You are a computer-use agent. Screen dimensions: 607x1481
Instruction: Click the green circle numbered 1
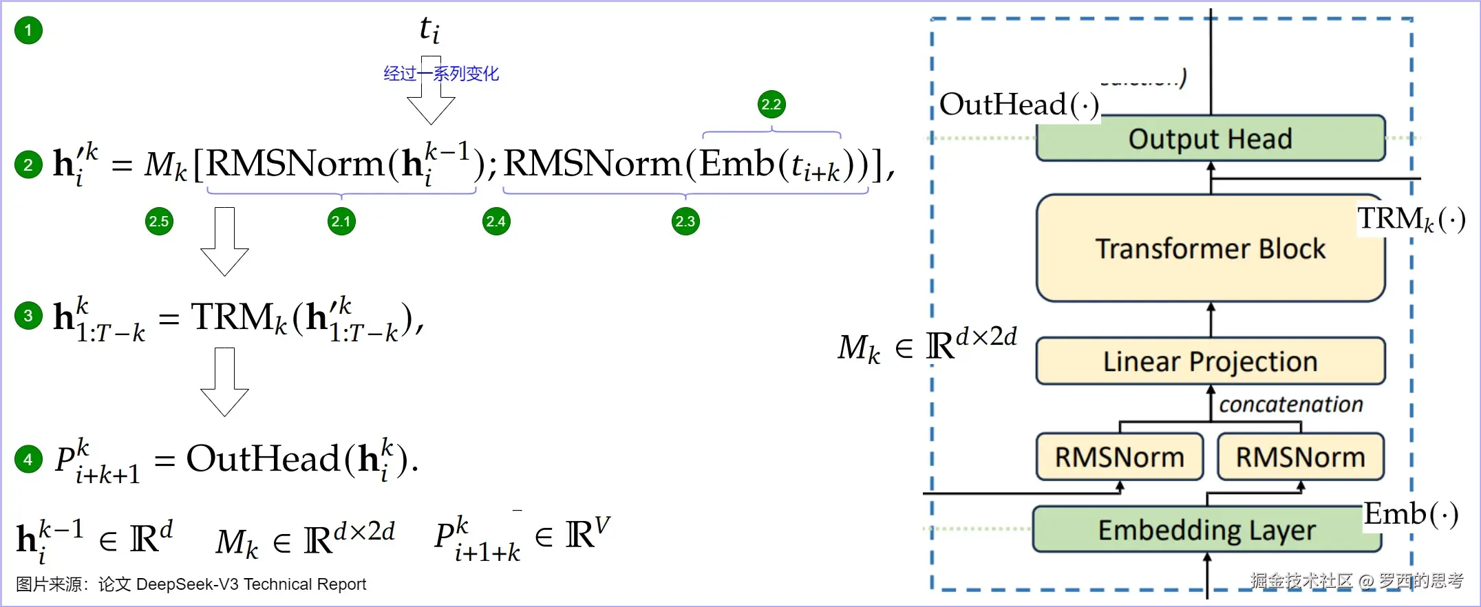[28, 30]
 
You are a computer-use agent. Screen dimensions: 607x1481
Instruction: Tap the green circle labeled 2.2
[771, 105]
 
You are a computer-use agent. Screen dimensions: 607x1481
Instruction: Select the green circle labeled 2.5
[159, 222]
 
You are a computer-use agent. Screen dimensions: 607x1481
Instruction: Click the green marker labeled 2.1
[341, 222]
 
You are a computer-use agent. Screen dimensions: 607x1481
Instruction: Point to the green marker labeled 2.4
[496, 222]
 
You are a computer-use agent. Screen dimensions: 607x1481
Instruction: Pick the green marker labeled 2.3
[685, 222]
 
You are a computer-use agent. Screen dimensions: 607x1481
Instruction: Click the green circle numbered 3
[28, 316]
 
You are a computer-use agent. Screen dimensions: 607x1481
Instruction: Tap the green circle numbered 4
[28, 459]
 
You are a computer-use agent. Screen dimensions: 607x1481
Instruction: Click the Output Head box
[1211, 138]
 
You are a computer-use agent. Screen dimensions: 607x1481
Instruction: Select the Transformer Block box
[1211, 248]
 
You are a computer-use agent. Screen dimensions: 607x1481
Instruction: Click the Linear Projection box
[1211, 361]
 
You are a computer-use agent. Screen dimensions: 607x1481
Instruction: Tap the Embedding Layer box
[1207, 530]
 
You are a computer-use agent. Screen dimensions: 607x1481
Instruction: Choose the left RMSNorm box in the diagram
[1120, 457]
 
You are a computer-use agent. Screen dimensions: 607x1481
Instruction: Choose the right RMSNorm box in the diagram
[1300, 457]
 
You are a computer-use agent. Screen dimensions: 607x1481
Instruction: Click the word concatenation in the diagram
[1291, 405]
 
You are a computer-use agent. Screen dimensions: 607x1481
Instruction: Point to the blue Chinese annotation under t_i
[441, 74]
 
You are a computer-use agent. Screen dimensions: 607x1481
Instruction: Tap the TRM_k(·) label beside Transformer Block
[1411, 219]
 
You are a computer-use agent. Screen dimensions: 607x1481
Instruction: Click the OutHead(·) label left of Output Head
[1019, 105]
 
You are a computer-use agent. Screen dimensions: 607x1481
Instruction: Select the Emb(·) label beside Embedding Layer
[1411, 514]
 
